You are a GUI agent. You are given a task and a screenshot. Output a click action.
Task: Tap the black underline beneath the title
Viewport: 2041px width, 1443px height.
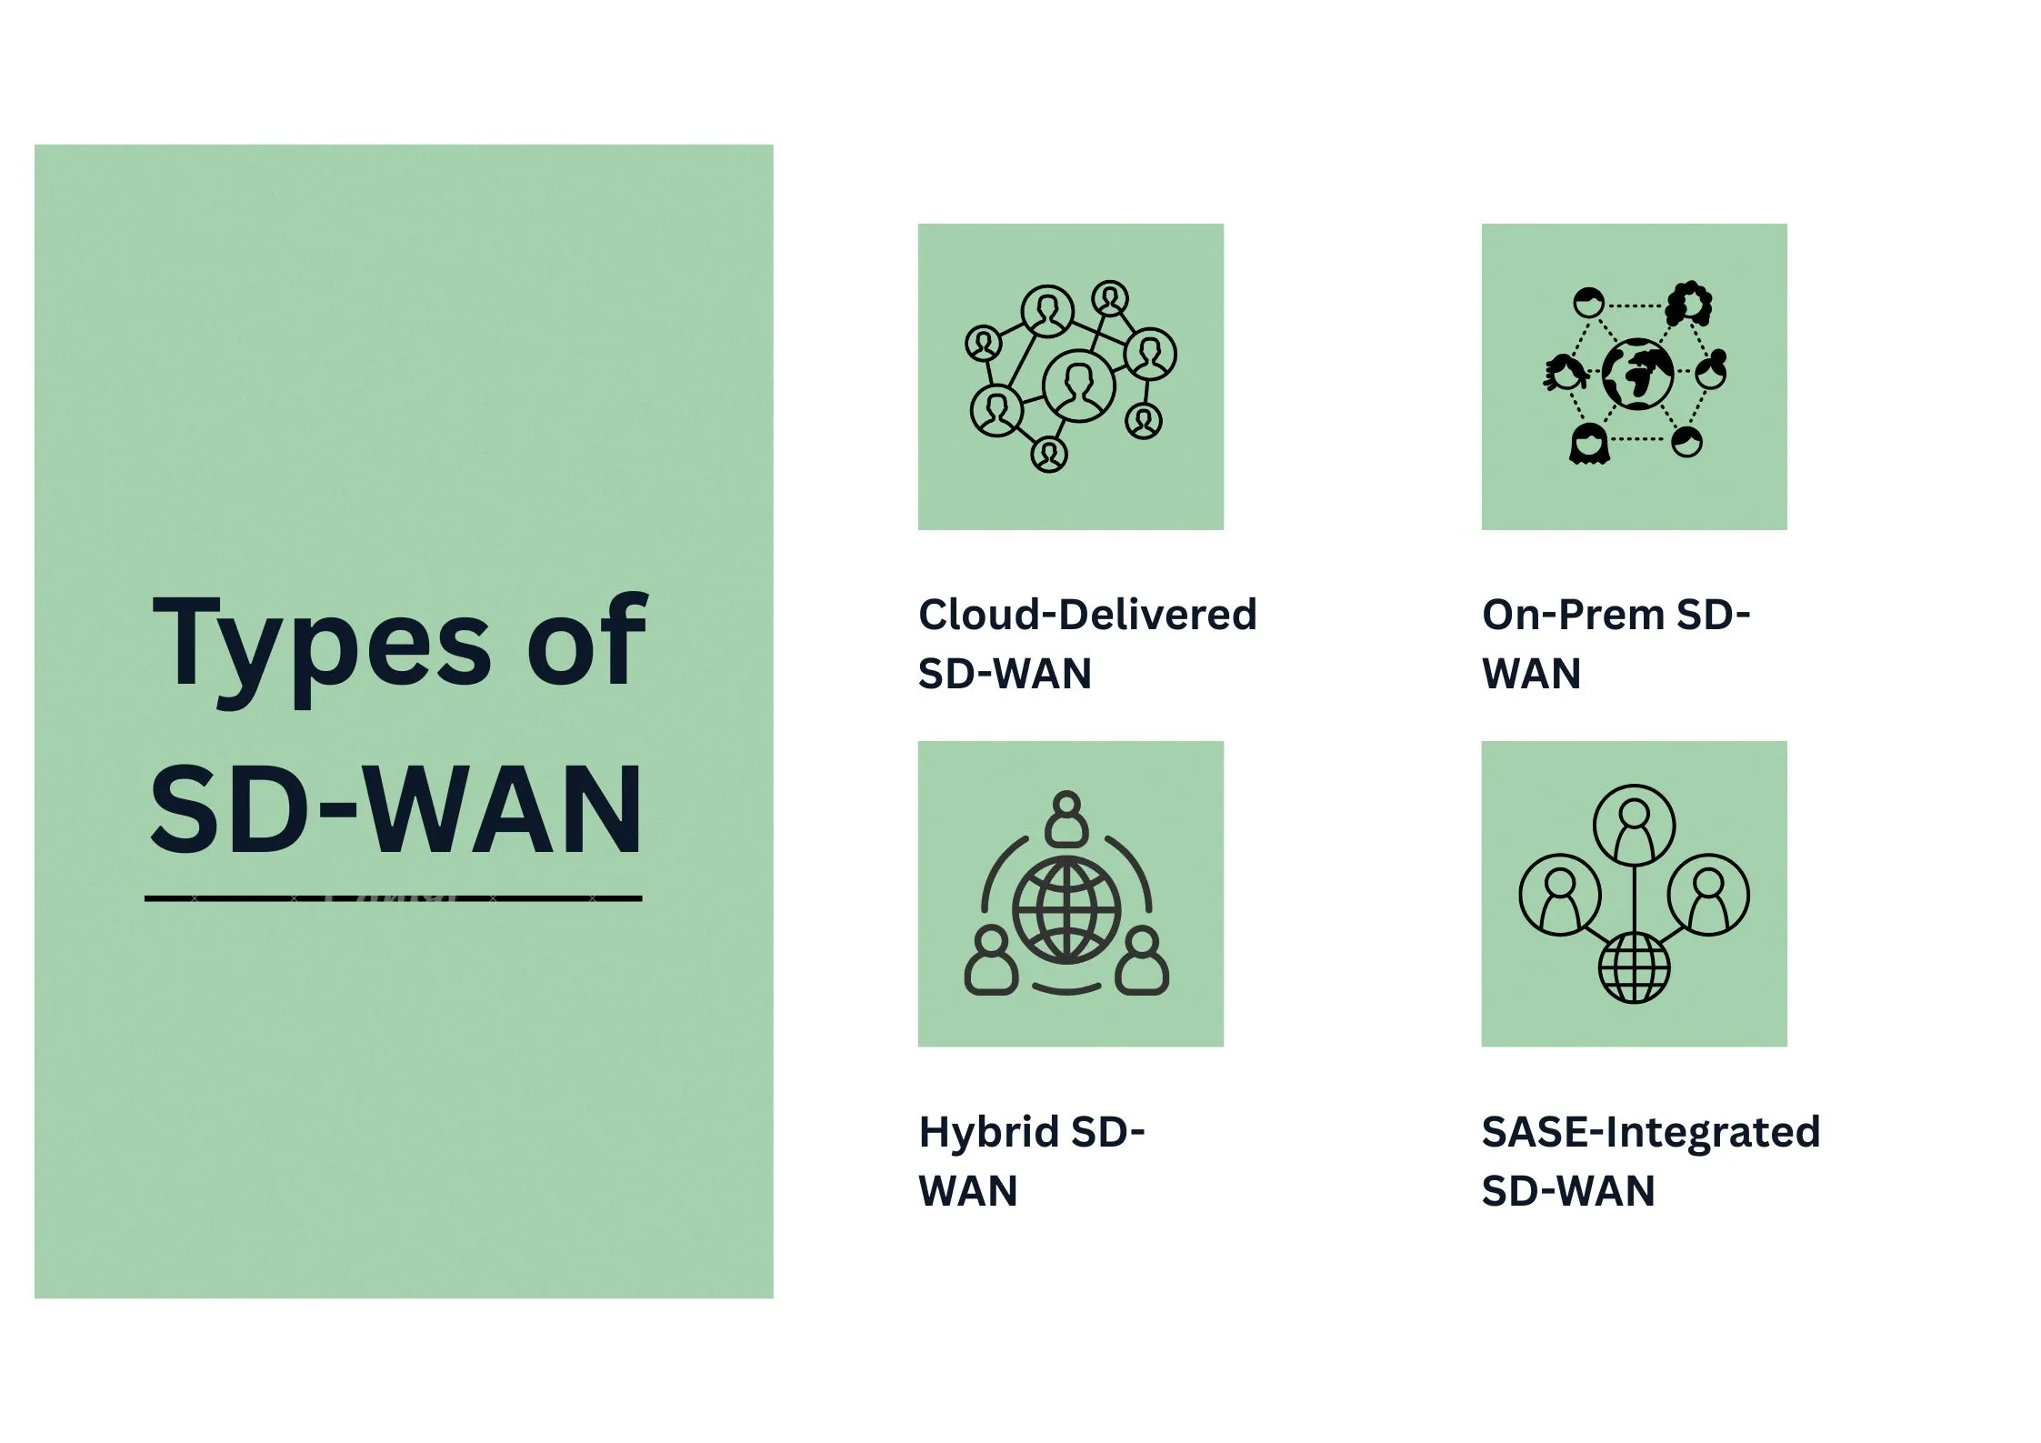(394, 898)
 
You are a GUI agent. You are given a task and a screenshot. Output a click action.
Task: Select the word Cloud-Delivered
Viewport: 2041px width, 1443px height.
(1087, 614)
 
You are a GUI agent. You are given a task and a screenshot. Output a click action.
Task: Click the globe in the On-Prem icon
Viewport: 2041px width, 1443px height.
(1637, 374)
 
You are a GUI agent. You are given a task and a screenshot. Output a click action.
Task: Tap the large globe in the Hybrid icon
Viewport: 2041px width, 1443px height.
(1067, 909)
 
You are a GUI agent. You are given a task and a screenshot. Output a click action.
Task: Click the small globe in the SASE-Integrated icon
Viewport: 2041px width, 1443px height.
(1635, 967)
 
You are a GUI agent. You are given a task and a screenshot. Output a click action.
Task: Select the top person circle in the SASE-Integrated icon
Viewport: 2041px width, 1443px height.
(1635, 826)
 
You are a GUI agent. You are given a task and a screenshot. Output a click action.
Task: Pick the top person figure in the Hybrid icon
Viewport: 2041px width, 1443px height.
(1066, 817)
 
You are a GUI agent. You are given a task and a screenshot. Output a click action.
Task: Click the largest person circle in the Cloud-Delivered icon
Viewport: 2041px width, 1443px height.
(1079, 386)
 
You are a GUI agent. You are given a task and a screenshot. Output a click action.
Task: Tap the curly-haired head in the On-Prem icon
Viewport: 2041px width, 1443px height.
(1688, 304)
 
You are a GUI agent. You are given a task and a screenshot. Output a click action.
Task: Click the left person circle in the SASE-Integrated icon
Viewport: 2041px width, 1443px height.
(1560, 895)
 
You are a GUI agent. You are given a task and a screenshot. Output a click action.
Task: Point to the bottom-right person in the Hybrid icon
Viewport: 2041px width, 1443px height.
(1142, 962)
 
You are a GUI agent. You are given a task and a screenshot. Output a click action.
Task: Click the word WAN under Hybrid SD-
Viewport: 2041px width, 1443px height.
(968, 1191)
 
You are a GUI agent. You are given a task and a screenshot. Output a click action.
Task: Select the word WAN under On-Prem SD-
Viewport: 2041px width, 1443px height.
(1532, 674)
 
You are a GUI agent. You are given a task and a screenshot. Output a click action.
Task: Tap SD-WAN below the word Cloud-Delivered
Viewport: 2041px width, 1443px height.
(1005, 674)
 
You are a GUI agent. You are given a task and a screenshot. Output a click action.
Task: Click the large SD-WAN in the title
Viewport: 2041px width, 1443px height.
(396, 808)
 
